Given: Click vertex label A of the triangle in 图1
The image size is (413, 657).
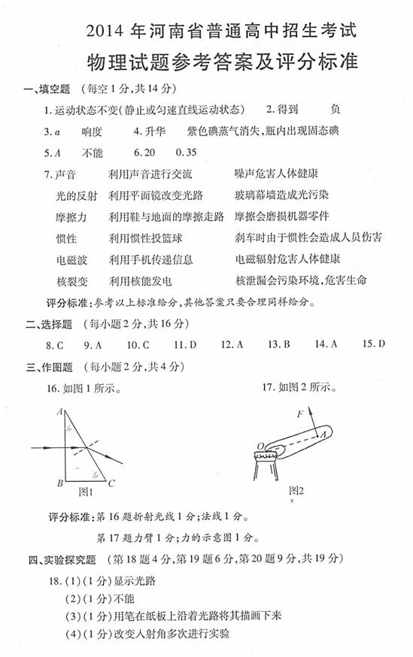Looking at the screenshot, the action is pos(59,412).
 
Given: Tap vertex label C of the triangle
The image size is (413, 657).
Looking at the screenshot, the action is pos(111,483).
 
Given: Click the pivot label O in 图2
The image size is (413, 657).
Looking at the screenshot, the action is pos(260,447).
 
